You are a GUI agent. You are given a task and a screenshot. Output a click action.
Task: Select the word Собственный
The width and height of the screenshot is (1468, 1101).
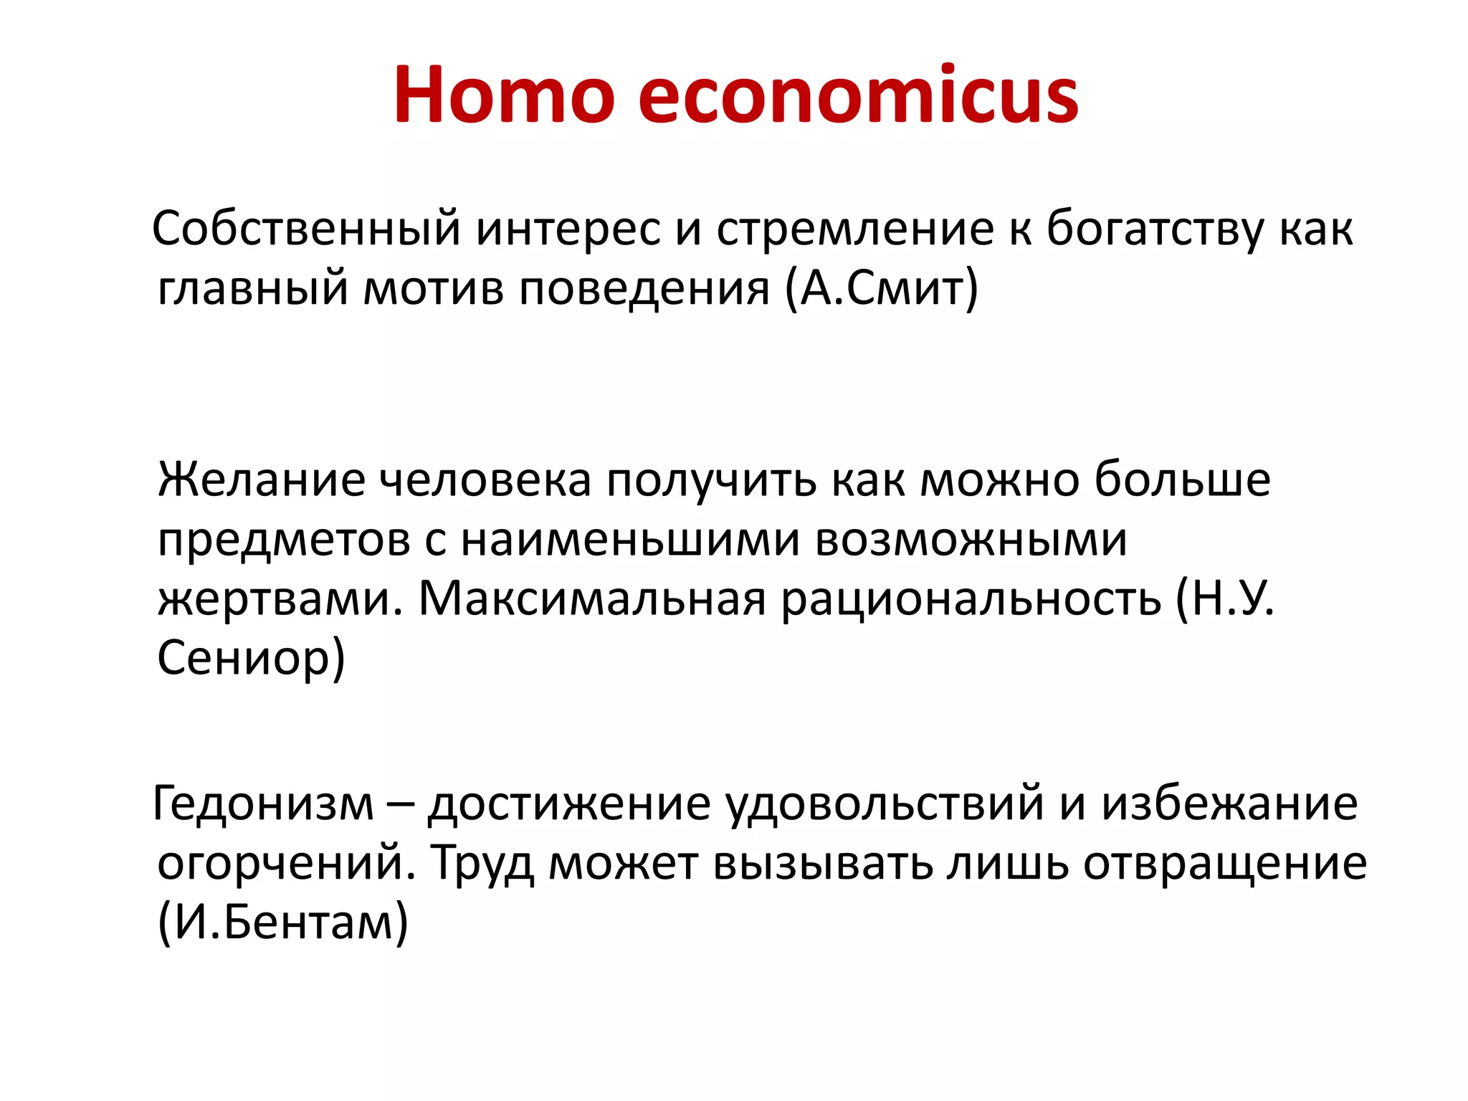coord(306,229)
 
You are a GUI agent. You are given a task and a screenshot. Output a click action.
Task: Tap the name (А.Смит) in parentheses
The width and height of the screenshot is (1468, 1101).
coord(881,288)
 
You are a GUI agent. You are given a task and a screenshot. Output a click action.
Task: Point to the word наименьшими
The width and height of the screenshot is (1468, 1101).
coord(630,539)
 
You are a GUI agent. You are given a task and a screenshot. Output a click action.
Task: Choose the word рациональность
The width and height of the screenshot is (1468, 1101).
coord(971,599)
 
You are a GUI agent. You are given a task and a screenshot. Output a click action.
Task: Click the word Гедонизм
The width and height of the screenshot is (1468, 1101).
coord(263,804)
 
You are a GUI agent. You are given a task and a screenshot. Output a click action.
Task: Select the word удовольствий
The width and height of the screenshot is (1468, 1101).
coord(885,804)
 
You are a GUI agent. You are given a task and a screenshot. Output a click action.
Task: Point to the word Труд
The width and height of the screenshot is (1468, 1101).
coord(482,863)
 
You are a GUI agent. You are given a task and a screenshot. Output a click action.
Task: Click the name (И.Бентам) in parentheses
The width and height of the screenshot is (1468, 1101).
coord(282,923)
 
